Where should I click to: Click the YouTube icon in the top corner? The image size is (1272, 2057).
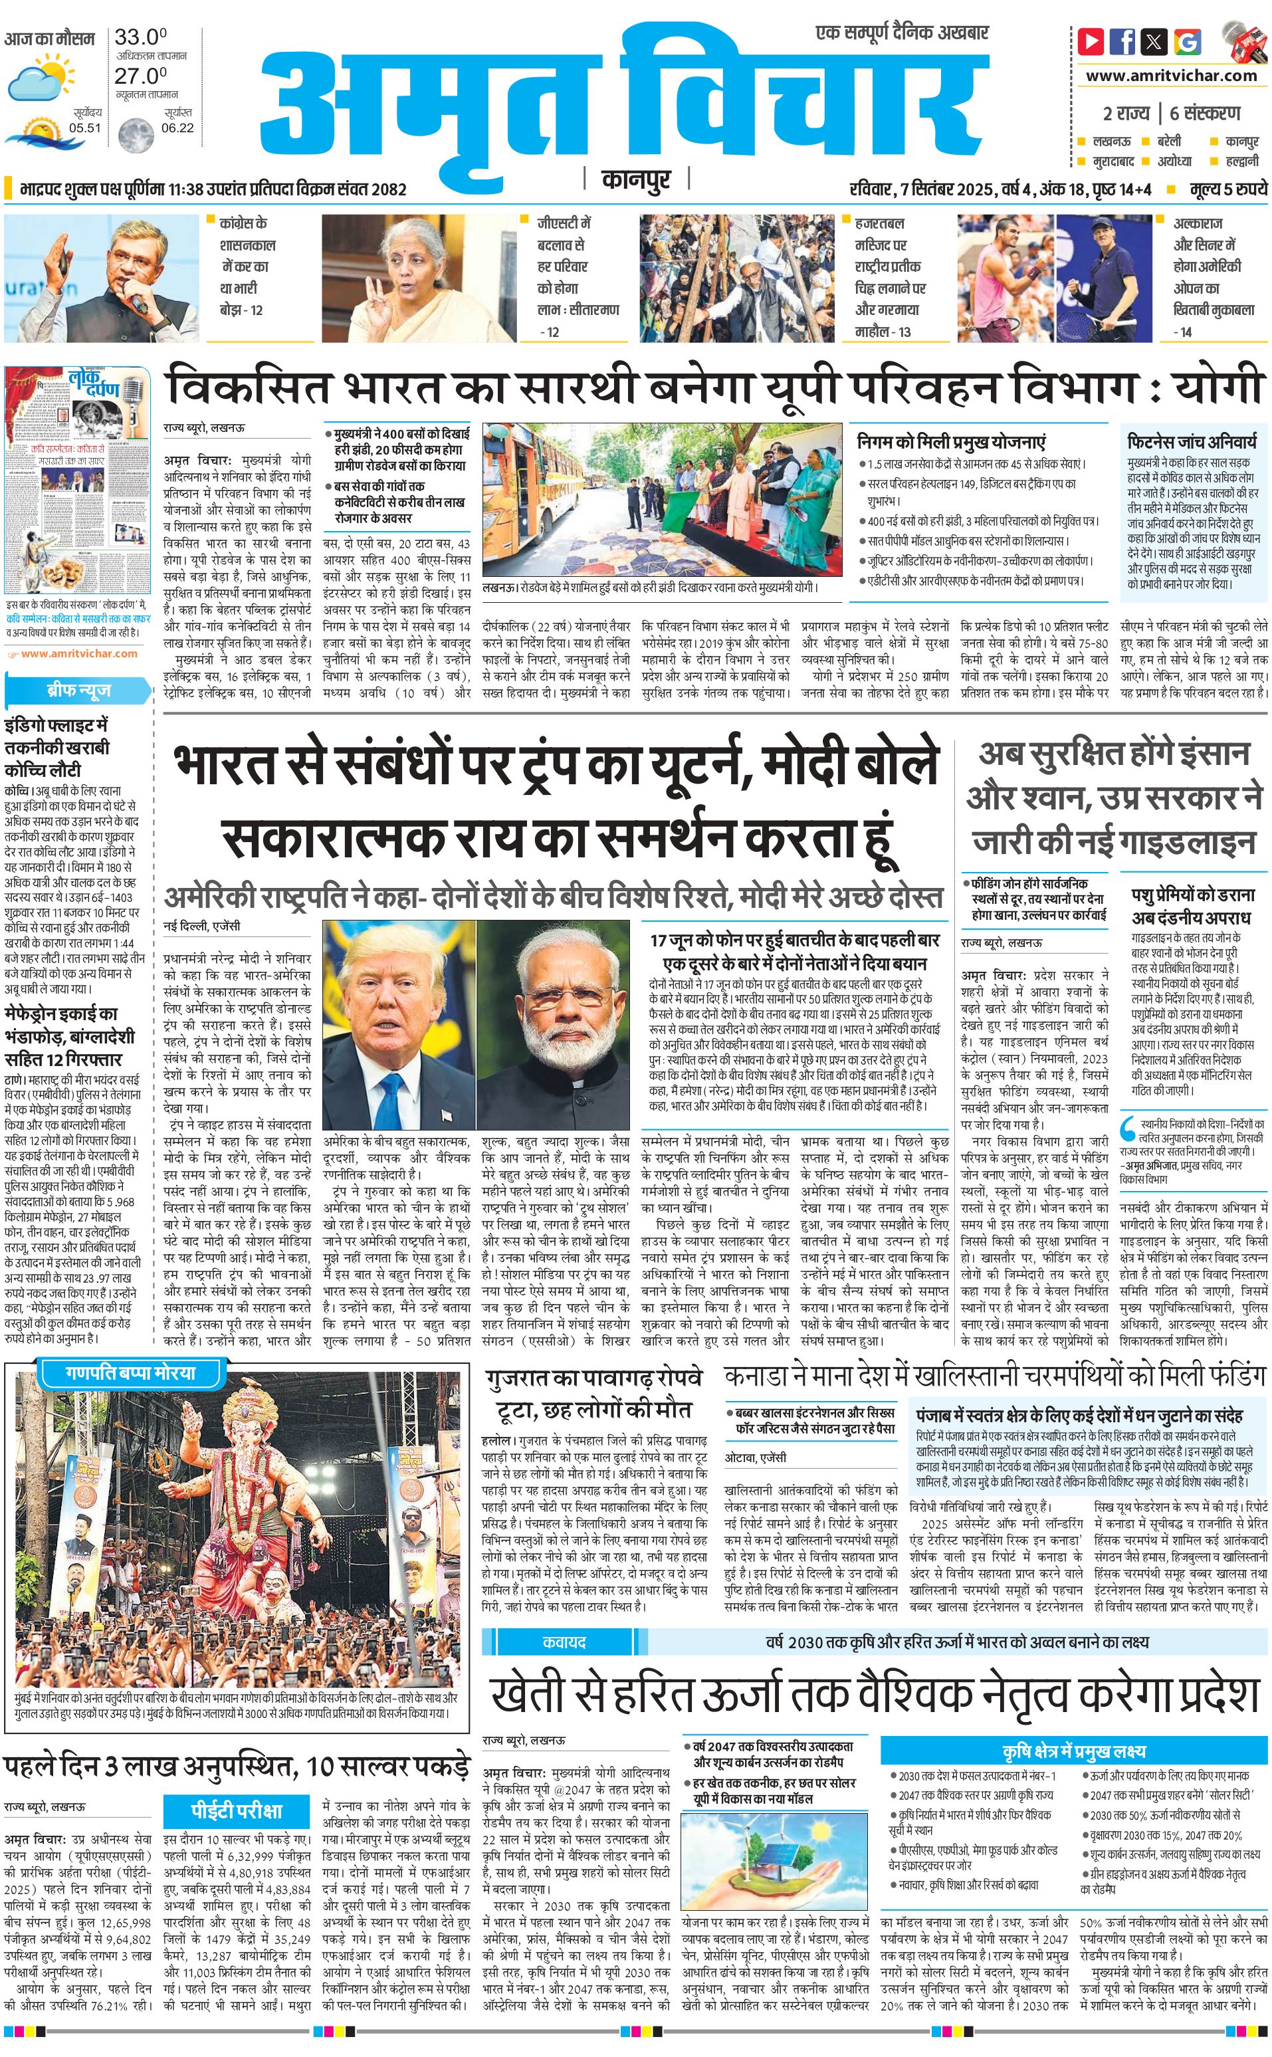[x=1091, y=41]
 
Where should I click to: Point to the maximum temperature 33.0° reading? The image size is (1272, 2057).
[x=140, y=37]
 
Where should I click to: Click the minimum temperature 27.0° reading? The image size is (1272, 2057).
[x=140, y=75]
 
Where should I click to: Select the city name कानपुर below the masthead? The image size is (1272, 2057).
[x=636, y=180]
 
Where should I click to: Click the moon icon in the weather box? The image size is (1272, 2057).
[x=135, y=133]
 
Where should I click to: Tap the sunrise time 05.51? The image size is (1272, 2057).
[x=85, y=128]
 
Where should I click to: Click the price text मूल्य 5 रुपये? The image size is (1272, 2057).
[x=1227, y=189]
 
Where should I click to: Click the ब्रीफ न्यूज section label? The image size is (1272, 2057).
[x=78, y=691]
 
